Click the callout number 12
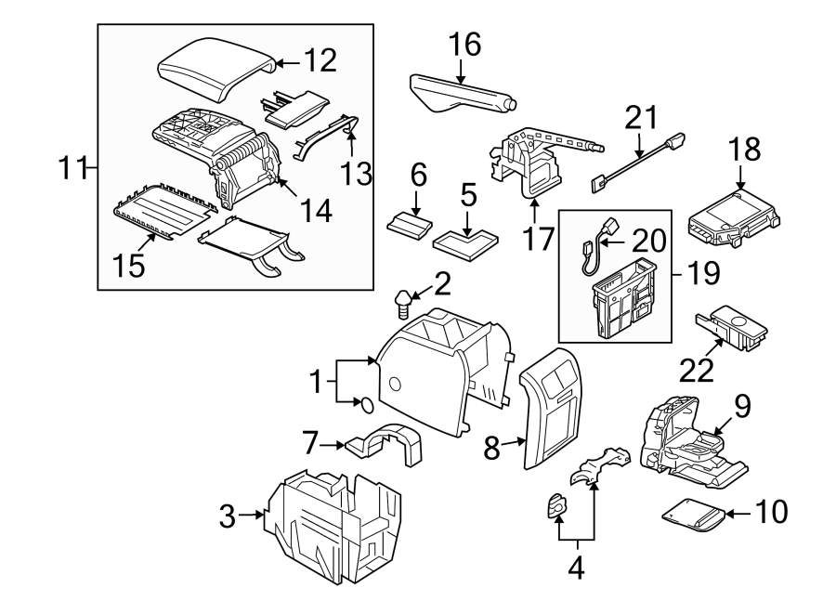coord(318,61)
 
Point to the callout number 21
coord(640,118)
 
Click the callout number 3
coord(227,516)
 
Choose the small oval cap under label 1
coord(365,404)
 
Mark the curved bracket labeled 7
coord(385,445)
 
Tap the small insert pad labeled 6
coord(409,226)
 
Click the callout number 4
coord(576,567)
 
